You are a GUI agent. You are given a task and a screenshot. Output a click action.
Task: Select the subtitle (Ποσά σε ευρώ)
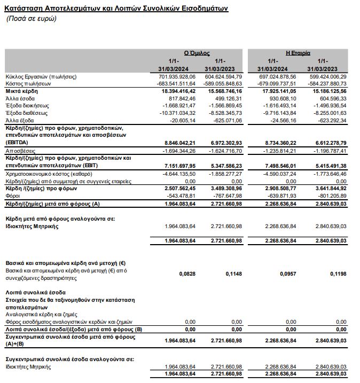(31, 19)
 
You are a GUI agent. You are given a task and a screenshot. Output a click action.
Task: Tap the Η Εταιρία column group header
(298, 53)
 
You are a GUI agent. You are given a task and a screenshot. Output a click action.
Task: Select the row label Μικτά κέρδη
(21, 91)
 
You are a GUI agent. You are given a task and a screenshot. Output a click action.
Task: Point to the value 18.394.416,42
(173, 91)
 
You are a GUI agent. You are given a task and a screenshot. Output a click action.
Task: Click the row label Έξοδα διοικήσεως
(29, 106)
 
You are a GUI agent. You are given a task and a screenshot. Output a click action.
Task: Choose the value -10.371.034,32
(173, 113)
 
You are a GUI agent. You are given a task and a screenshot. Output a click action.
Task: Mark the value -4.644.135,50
(173, 174)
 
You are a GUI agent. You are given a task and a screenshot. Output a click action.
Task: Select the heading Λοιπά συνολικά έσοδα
(35, 293)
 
